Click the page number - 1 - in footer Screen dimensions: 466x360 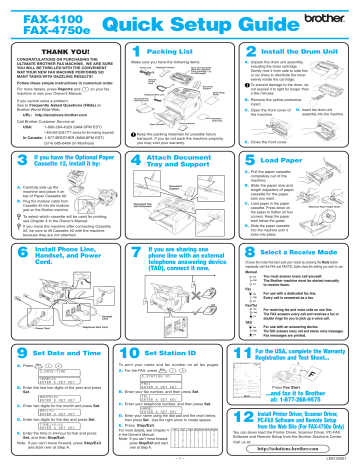pos(181,460)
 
